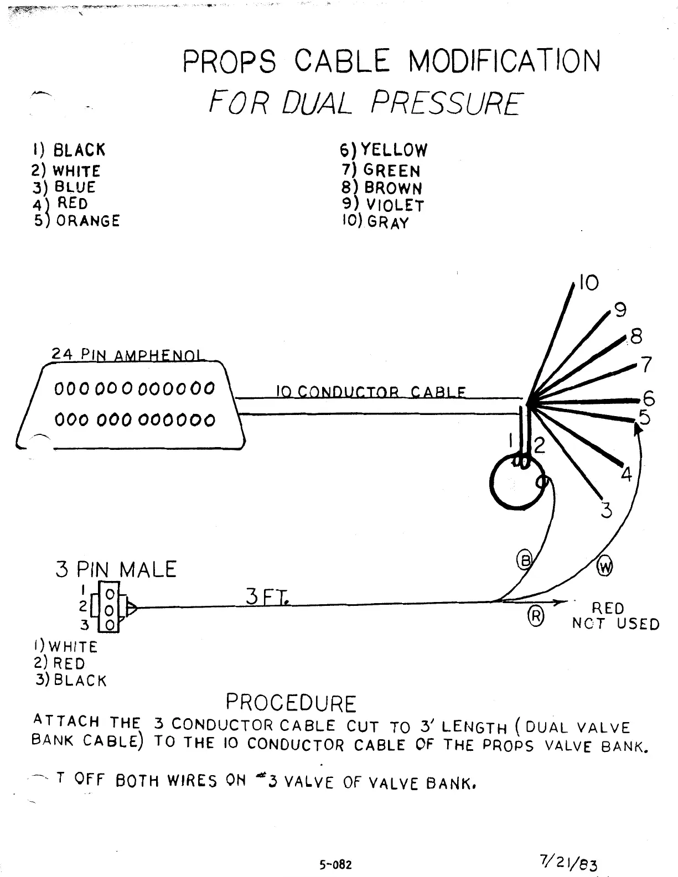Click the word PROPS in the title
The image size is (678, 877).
pyautogui.click(x=229, y=61)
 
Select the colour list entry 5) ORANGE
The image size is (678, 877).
pyautogui.click(x=76, y=221)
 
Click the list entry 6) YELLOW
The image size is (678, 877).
pyautogui.click(x=383, y=150)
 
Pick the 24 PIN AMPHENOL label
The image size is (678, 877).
pyautogui.click(x=127, y=355)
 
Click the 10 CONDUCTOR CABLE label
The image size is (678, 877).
pyautogui.click(x=370, y=392)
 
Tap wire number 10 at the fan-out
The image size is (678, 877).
pyautogui.click(x=588, y=283)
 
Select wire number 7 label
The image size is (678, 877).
pyautogui.click(x=645, y=365)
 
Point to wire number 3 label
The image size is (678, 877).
pyautogui.click(x=607, y=510)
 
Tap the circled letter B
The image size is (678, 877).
pyautogui.click(x=524, y=561)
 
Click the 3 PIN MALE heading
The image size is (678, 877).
pyautogui.click(x=116, y=570)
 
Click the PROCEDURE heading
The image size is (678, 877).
pyautogui.click(x=291, y=703)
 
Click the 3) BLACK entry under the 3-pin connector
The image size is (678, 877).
pyautogui.click(x=71, y=680)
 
